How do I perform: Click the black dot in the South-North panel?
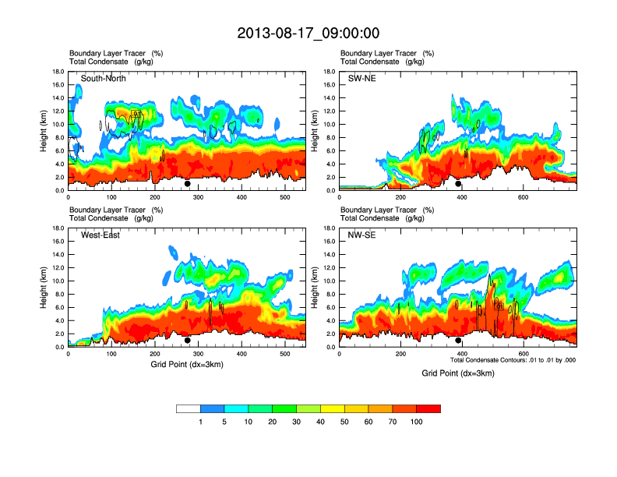(x=188, y=184)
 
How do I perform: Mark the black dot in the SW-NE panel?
(x=458, y=184)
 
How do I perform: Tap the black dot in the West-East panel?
(x=188, y=341)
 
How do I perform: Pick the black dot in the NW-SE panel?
(x=458, y=341)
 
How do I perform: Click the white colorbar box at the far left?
(x=188, y=408)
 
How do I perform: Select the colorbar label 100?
(x=418, y=422)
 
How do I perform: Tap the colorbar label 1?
(x=201, y=422)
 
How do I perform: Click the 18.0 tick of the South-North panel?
(x=58, y=72)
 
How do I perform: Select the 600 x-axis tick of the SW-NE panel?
(x=523, y=198)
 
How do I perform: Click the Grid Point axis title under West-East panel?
(x=185, y=365)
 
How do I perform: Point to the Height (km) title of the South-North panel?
(x=43, y=131)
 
